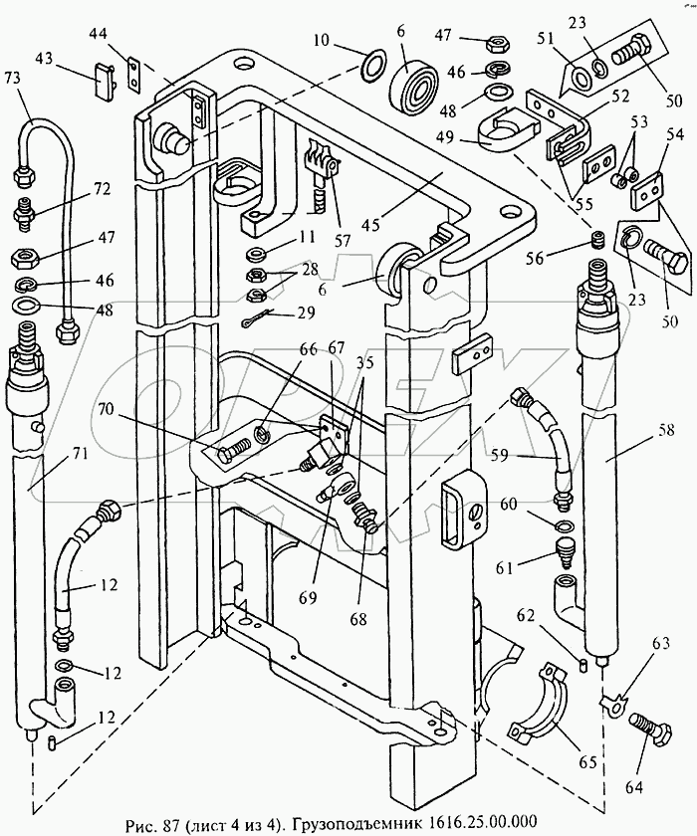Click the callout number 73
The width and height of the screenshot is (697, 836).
click(x=12, y=78)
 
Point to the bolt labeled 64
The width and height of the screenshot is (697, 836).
click(x=651, y=728)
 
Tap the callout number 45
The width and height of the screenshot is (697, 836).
click(x=370, y=225)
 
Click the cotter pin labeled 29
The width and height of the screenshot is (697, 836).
click(x=256, y=318)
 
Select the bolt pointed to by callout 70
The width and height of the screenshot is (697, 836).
click(x=235, y=451)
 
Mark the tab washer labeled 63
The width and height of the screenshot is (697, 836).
click(x=612, y=705)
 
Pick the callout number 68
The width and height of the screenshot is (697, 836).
click(x=358, y=618)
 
